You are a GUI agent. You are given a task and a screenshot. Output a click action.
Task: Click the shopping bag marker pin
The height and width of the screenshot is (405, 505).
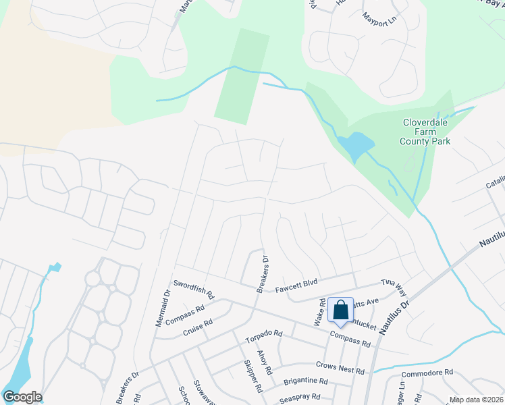[341, 310]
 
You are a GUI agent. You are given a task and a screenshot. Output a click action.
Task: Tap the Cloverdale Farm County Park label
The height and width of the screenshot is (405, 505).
[421, 132]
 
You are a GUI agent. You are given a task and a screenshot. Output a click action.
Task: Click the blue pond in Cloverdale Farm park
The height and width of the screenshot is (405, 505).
[356, 146]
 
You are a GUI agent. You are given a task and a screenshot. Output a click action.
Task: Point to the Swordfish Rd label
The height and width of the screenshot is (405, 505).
[193, 290]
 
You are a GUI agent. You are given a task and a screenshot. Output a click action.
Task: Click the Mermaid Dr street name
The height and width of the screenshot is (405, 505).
[164, 308]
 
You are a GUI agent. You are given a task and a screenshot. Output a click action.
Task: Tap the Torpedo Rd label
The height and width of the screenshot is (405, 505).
[264, 334]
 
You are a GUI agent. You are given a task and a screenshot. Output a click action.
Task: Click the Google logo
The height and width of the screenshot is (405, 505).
[22, 397]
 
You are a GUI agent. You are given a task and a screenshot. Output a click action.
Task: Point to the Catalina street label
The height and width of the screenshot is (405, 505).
[496, 182]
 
